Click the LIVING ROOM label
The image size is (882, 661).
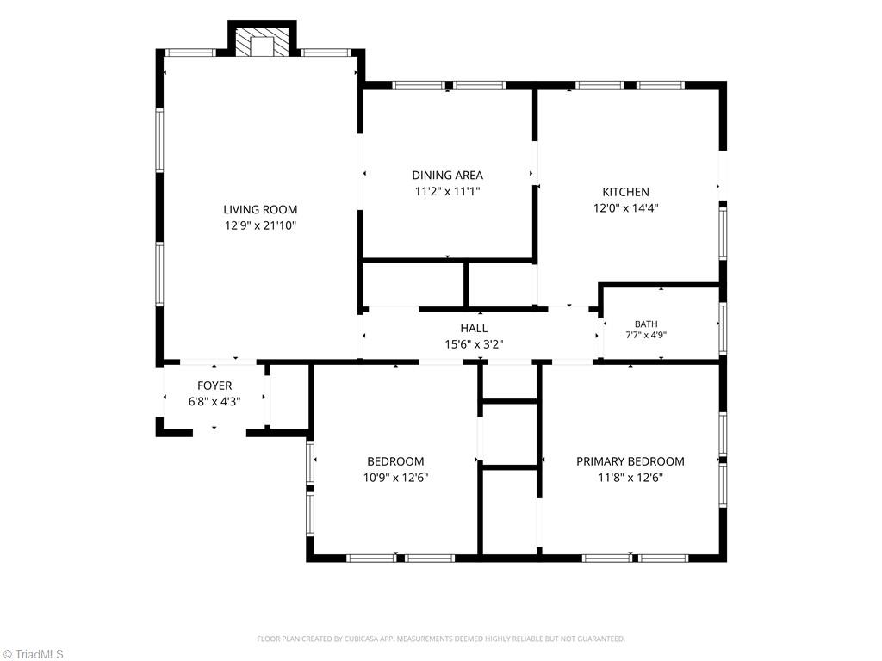click(x=260, y=210)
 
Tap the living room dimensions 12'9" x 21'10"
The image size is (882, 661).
click(x=260, y=226)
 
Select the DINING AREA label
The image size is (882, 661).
click(x=448, y=176)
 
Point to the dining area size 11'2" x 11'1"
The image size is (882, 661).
click(x=448, y=192)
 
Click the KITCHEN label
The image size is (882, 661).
click(x=625, y=192)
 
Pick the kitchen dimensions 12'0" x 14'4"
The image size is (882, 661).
click(x=625, y=208)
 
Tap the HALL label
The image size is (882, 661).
click(x=475, y=328)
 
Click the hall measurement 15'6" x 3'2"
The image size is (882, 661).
click(x=475, y=344)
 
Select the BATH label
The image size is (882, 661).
click(x=646, y=324)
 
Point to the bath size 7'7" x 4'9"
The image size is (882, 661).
click(x=646, y=335)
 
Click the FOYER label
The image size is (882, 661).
click(x=214, y=386)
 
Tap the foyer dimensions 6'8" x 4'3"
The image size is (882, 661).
click(x=214, y=402)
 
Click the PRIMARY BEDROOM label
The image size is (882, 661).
click(x=630, y=461)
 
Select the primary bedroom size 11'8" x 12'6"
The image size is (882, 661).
click(x=630, y=478)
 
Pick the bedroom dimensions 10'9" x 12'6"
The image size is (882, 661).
click(x=395, y=478)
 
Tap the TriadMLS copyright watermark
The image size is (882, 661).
click(x=33, y=654)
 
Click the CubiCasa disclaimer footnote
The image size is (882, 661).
click(x=441, y=639)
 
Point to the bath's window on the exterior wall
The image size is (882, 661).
click(x=723, y=328)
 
